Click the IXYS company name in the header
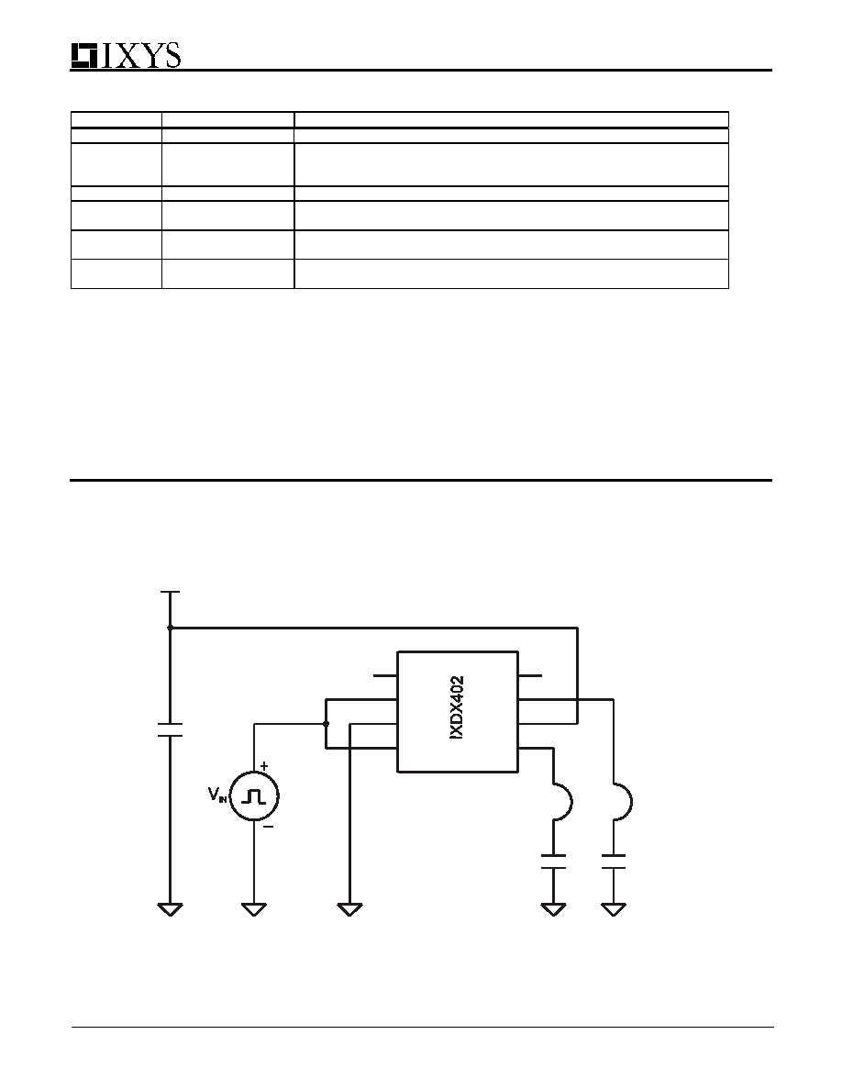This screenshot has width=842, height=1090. [x=142, y=55]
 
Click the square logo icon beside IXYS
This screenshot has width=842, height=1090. [x=84, y=56]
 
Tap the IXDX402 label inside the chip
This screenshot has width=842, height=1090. [x=457, y=707]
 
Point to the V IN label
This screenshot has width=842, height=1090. [x=217, y=795]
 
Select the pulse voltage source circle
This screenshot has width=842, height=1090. [x=253, y=796]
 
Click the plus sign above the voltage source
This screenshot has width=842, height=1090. [x=265, y=765]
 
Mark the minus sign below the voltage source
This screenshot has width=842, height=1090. [x=268, y=827]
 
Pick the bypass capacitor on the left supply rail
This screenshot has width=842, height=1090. [x=170, y=729]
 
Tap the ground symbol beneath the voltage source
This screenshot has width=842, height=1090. [x=253, y=909]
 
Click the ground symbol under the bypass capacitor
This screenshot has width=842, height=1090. [x=170, y=909]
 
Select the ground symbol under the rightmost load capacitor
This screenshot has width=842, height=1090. [x=614, y=909]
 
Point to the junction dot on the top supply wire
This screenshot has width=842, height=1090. [x=171, y=628]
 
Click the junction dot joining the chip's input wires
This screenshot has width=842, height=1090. [x=326, y=724]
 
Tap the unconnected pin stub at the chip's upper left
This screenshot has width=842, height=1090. [x=385, y=675]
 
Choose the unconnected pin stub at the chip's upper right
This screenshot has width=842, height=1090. [x=529, y=675]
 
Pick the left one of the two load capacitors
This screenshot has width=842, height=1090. [x=553, y=862]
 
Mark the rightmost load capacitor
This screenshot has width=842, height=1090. [x=614, y=862]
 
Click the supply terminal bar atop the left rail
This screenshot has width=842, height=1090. [x=171, y=593]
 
